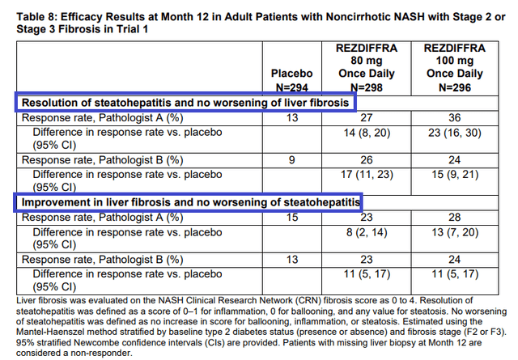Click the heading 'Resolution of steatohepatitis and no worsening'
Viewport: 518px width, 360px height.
185,103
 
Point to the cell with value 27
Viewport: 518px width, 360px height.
366,118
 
